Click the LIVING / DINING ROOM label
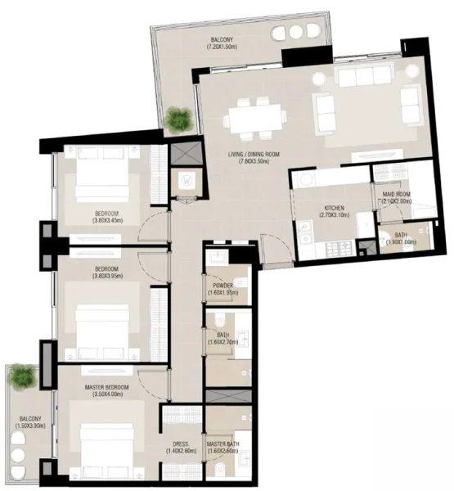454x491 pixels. [254, 154]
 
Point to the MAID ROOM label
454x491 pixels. [397, 195]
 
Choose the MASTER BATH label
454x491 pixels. [223, 443]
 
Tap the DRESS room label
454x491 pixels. [181, 443]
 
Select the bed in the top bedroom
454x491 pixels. [102, 179]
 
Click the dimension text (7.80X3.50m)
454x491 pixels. [254, 162]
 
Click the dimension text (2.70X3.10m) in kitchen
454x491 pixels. [333, 216]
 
